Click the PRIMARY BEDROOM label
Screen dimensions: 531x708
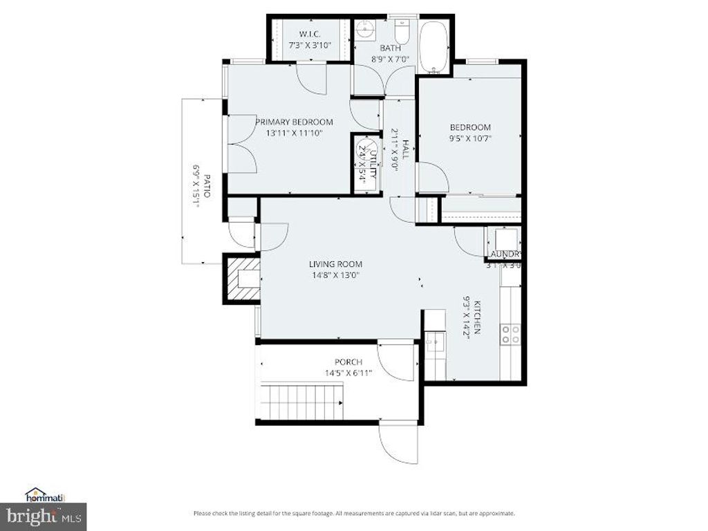point(289,122)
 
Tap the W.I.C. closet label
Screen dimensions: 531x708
point(309,34)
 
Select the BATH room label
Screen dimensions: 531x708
point(391,48)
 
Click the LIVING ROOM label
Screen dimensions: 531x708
point(335,264)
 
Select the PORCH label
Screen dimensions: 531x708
point(348,362)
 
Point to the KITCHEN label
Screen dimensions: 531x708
point(476,317)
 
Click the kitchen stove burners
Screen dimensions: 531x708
point(511,334)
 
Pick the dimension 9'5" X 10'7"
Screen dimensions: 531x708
point(470,138)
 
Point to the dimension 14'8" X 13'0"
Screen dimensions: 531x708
point(335,275)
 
